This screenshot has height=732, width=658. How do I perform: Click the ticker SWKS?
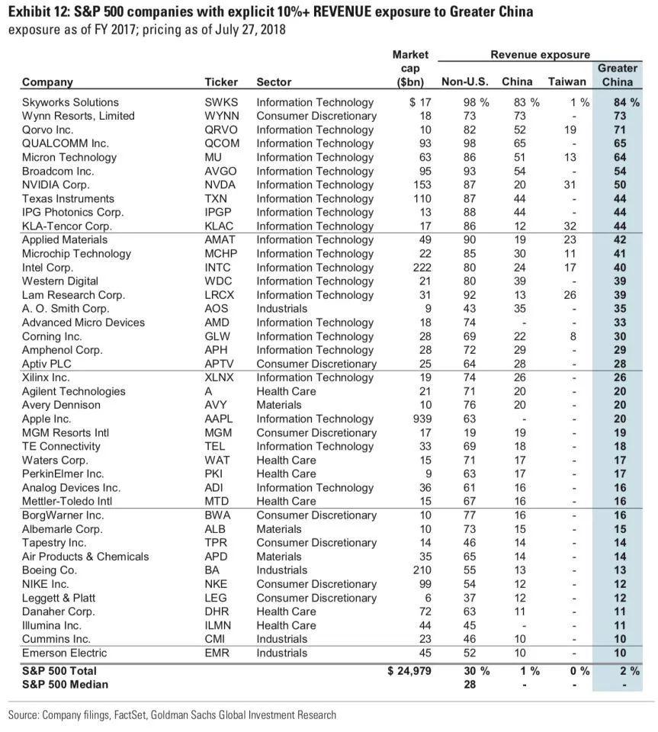pos(221,102)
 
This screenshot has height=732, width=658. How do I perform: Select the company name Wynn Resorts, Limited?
pos(78,116)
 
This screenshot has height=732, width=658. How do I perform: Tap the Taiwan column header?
pos(567,82)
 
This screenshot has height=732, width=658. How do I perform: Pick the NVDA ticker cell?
pos(220,185)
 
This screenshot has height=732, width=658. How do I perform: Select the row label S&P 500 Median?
pos(65,684)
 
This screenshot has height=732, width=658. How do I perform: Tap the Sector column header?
pos(274,82)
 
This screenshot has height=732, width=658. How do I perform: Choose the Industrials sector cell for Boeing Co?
pos(282,570)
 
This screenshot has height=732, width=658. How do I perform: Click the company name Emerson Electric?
pos(64,653)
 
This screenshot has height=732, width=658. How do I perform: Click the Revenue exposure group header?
pos(540,55)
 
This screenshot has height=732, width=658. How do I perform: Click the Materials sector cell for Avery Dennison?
pos(279,405)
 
